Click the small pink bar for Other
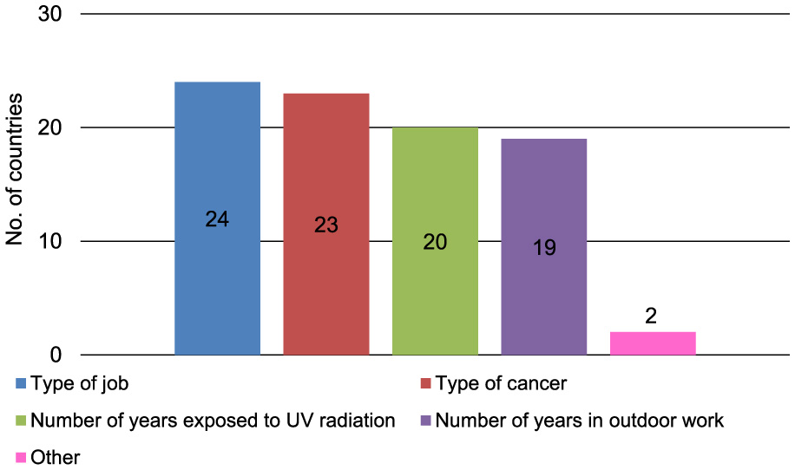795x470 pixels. click(x=653, y=343)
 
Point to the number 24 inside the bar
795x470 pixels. click(x=217, y=220)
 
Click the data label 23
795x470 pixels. click(x=325, y=225)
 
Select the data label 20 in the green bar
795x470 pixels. click(x=435, y=242)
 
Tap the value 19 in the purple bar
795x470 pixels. click(x=544, y=247)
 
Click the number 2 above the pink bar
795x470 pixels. click(x=652, y=316)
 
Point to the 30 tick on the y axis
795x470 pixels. click(x=50, y=15)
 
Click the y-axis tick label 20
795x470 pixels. click(x=50, y=128)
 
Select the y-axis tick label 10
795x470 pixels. click(x=50, y=241)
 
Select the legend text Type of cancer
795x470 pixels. click(x=501, y=383)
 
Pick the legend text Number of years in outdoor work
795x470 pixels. click(x=579, y=421)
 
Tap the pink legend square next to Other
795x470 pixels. click(x=21, y=457)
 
